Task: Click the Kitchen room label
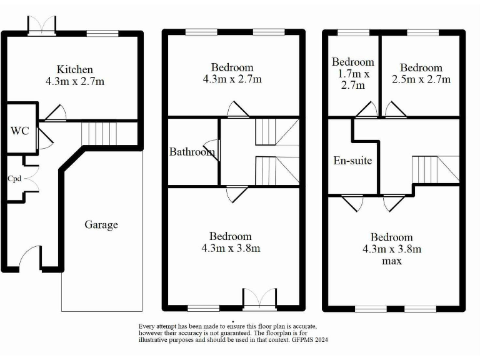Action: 74,69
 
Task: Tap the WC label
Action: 19,132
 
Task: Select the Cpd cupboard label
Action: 14,178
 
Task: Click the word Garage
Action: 101,224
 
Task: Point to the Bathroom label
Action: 192,151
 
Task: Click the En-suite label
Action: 352,161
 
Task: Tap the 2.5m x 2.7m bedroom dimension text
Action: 421,79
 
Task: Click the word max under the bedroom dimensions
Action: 392,261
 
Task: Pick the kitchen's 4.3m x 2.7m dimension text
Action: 74,81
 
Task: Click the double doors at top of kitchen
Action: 42,25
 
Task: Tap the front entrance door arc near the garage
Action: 29,257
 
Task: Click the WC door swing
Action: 44,137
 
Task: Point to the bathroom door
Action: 214,150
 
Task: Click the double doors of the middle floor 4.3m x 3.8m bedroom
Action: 259,299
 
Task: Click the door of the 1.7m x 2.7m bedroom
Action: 366,110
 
